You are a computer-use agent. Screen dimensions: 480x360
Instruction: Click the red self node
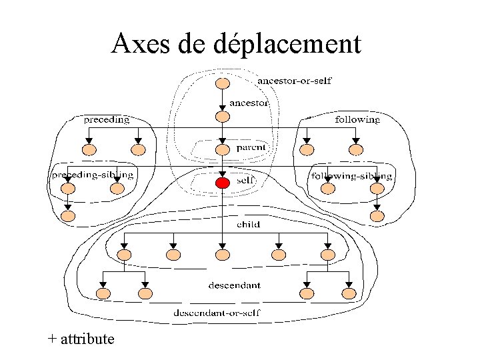pyautogui.click(x=223, y=183)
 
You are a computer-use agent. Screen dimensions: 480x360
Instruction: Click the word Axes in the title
pyautogui.click(x=140, y=43)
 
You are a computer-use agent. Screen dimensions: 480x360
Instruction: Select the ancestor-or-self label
pyautogui.click(x=295, y=81)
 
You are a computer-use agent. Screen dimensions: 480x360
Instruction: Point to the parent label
pyautogui.click(x=251, y=147)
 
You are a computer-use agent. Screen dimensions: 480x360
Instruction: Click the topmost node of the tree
pyautogui.click(x=223, y=83)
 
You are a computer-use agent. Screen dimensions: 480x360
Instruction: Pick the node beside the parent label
pyautogui.click(x=223, y=150)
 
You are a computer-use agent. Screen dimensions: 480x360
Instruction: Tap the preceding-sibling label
pyautogui.click(x=93, y=175)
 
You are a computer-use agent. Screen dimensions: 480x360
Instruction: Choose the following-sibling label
pyautogui.click(x=352, y=176)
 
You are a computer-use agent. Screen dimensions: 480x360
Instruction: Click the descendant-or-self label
pyautogui.click(x=217, y=313)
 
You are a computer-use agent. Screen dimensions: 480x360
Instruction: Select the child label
pyautogui.click(x=248, y=225)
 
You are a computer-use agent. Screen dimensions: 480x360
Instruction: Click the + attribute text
pyautogui.click(x=81, y=339)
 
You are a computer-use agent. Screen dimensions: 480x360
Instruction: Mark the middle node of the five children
pyautogui.click(x=223, y=255)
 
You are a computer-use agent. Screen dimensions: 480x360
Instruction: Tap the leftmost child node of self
pyautogui.click(x=124, y=255)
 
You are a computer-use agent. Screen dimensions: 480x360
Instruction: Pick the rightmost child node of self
pyautogui.click(x=328, y=255)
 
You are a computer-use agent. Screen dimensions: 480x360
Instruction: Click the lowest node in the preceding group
pyautogui.click(x=68, y=216)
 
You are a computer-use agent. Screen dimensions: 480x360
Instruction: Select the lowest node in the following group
pyautogui.click(x=377, y=216)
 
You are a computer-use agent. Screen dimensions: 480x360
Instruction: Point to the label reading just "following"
pyautogui.click(x=357, y=119)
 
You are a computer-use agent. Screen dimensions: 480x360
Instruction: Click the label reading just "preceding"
pyautogui.click(x=107, y=119)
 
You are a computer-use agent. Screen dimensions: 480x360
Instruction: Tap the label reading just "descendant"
pyautogui.click(x=235, y=285)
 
